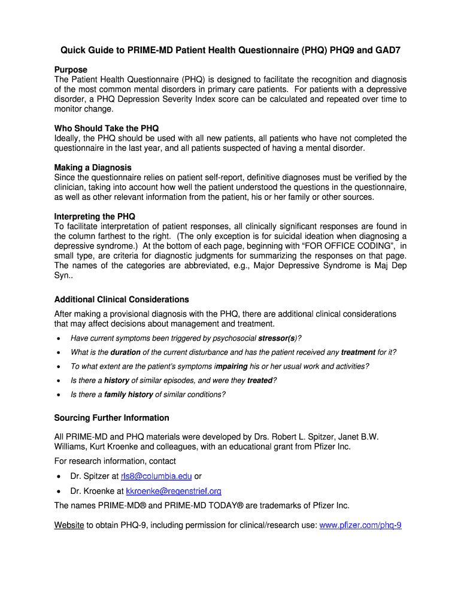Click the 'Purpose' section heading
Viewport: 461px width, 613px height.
pyautogui.click(x=71, y=70)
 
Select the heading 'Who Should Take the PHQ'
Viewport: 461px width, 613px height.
pyautogui.click(x=107, y=129)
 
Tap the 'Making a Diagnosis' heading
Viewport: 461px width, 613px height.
pyautogui.click(x=93, y=168)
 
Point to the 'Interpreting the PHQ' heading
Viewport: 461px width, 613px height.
pyautogui.click(x=95, y=216)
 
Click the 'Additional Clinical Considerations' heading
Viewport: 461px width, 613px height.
pyautogui.click(x=122, y=299)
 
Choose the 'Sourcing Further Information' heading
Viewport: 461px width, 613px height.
pyautogui.click(x=111, y=418)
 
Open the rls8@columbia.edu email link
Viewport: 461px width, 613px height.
pyautogui.click(x=156, y=477)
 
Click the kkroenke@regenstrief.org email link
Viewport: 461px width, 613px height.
pyautogui.click(x=174, y=491)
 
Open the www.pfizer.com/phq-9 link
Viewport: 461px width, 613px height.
pyautogui.click(x=360, y=525)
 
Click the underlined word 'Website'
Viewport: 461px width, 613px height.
pyautogui.click(x=69, y=525)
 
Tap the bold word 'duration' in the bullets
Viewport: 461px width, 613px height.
pyautogui.click(x=125, y=353)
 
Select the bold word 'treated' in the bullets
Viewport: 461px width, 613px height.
pyautogui.click(x=259, y=381)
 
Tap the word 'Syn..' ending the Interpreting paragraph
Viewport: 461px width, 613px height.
pyautogui.click(x=63, y=275)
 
